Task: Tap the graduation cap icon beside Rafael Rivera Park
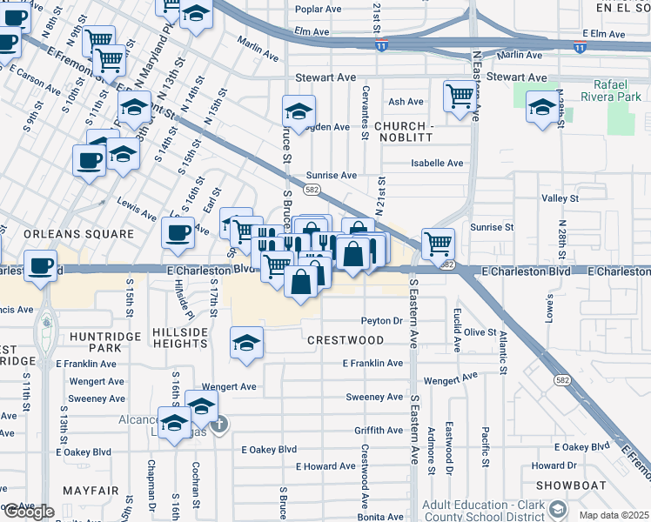point(542,108)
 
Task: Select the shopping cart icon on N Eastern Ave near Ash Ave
point(459,96)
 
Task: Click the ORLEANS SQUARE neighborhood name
point(79,234)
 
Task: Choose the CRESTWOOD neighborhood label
point(344,339)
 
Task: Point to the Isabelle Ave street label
point(437,163)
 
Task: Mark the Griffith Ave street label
point(379,431)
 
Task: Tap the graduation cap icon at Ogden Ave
point(298,112)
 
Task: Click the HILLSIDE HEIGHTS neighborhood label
point(180,338)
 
